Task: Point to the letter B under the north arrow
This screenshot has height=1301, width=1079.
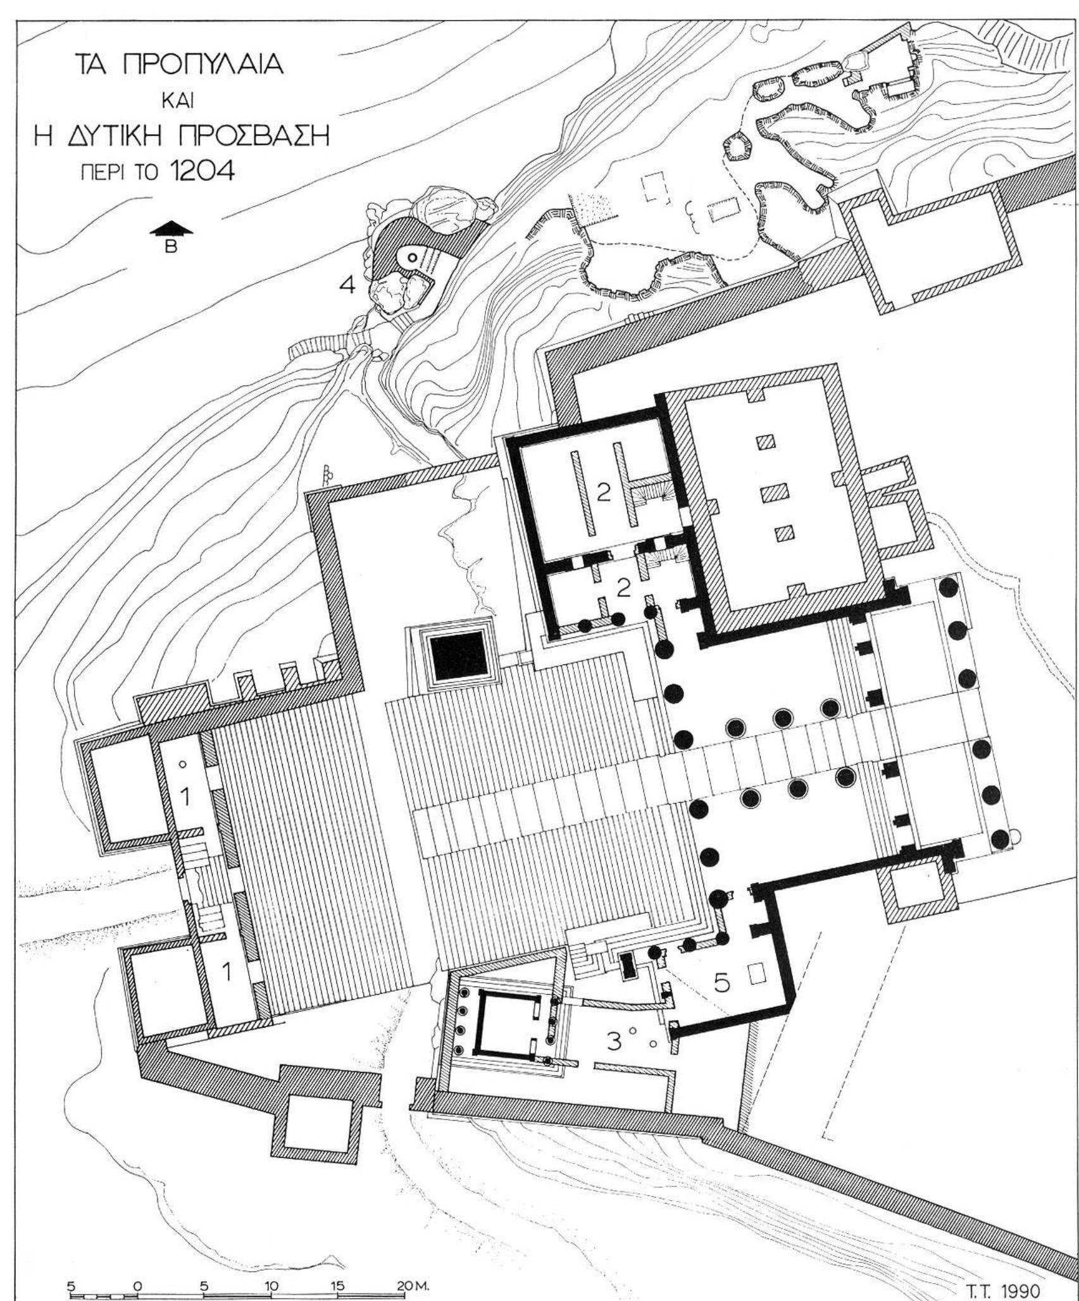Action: point(170,247)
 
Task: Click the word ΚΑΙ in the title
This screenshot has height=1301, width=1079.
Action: point(173,102)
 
